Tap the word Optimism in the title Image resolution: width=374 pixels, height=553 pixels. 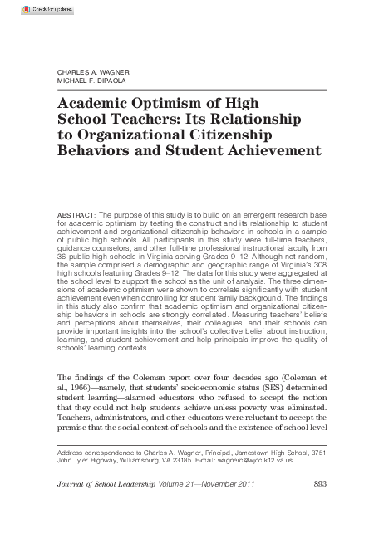[151, 103]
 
